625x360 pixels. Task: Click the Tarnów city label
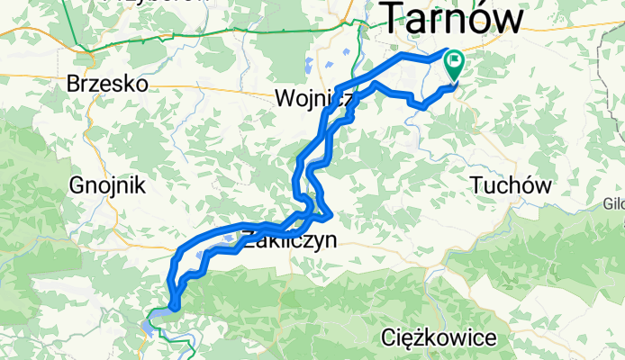(x=454, y=17)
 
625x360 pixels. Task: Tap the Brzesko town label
(x=106, y=84)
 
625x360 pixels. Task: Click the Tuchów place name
(x=511, y=184)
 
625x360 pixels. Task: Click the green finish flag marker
(x=453, y=64)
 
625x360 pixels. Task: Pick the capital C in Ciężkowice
(x=389, y=339)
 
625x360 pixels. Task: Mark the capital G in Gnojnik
(x=77, y=185)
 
